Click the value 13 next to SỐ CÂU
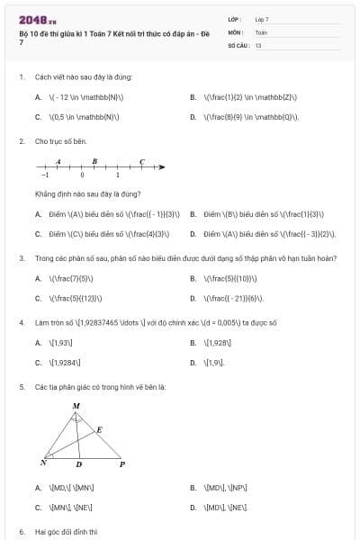(258, 43)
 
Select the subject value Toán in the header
(261, 31)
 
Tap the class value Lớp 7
(262, 18)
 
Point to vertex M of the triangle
(76, 407)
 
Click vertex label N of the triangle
(43, 463)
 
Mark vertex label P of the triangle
(122, 463)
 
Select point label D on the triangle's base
(78, 465)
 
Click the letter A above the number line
(58, 161)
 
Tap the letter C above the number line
(142, 161)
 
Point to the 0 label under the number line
(82, 175)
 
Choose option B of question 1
(193, 96)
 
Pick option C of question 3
(38, 298)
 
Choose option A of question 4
(38, 343)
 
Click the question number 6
(21, 532)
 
